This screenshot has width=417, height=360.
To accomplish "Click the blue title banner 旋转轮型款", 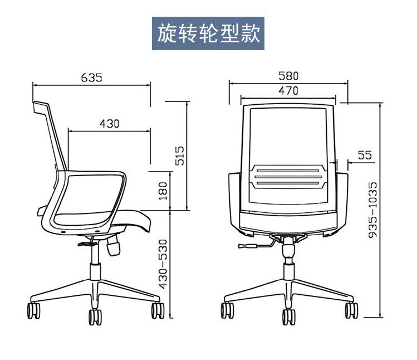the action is [209, 33].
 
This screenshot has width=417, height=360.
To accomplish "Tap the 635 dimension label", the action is [92, 77].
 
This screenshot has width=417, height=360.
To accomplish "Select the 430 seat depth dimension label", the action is [110, 124].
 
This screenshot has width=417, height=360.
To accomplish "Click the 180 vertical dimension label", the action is [163, 191].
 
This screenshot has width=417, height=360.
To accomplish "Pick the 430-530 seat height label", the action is [163, 264].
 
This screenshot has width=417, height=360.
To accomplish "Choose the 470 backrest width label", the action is [288, 90].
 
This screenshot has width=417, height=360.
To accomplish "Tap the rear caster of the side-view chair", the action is [35, 310].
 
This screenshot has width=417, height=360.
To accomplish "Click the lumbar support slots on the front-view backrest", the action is [288, 177].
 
